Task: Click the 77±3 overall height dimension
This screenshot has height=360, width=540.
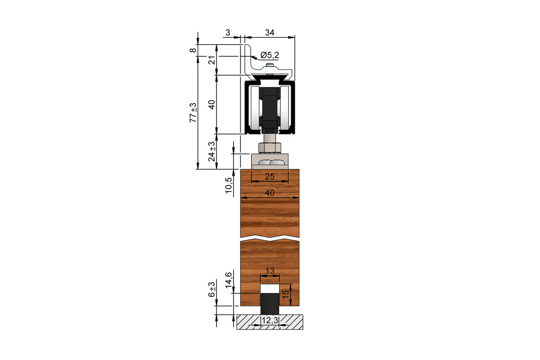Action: [x=193, y=113]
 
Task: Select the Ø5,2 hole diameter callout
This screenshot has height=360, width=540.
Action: [x=270, y=55]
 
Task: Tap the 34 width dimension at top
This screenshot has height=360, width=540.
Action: [x=269, y=32]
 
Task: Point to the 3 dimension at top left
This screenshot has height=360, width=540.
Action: [x=228, y=32]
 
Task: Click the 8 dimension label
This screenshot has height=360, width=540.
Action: [x=193, y=50]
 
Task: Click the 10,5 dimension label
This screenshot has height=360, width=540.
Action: [x=229, y=185]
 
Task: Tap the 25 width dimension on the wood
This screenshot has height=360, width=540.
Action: [x=269, y=177]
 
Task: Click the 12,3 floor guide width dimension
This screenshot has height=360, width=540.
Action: [x=270, y=320]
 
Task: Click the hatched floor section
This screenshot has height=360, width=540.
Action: [x=292, y=321]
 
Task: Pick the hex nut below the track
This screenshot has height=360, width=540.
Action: [x=270, y=147]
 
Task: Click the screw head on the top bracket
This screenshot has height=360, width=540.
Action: [x=269, y=67]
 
